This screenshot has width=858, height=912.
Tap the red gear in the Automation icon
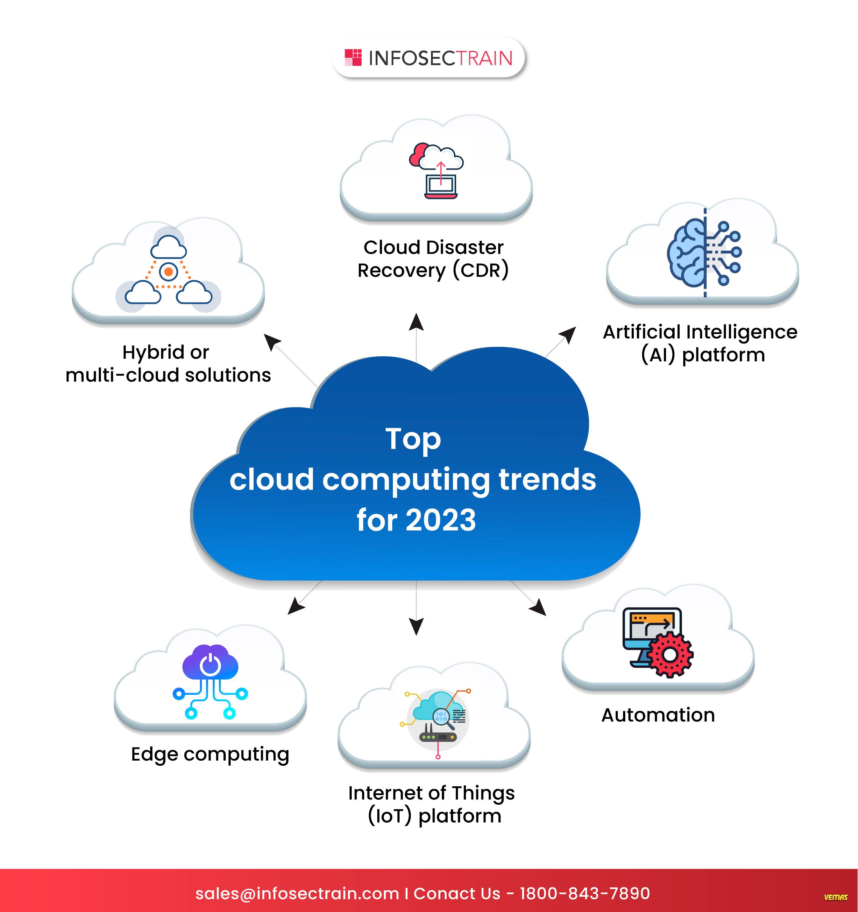670,655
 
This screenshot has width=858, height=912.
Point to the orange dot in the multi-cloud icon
168,272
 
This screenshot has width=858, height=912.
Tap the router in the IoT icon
438,736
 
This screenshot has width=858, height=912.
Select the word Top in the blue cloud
413,440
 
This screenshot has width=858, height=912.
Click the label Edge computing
210,755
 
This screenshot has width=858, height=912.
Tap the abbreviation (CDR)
481,270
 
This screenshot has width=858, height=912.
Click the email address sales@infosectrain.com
297,894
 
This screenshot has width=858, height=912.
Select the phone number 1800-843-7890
585,893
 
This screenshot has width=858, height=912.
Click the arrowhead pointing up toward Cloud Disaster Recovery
416,322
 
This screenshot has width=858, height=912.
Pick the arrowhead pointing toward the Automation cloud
538,607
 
